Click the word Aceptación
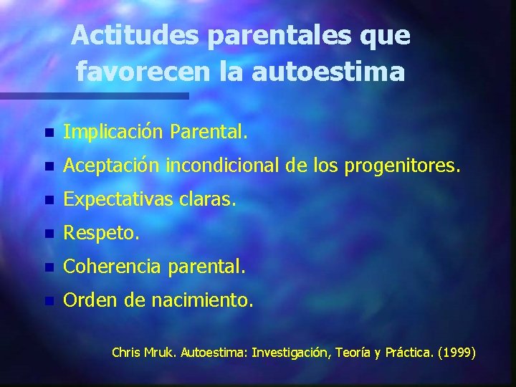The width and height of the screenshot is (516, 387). click(112, 166)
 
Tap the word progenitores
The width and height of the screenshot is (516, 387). click(409, 166)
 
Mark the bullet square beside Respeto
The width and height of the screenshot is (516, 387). click(48, 234)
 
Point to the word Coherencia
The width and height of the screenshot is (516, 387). click(111, 267)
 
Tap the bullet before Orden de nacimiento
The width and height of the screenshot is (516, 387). click(48, 301)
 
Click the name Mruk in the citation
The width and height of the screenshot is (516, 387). click(161, 353)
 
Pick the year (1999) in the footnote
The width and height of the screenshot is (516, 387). click(457, 353)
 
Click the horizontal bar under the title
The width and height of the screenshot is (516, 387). click(93, 95)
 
